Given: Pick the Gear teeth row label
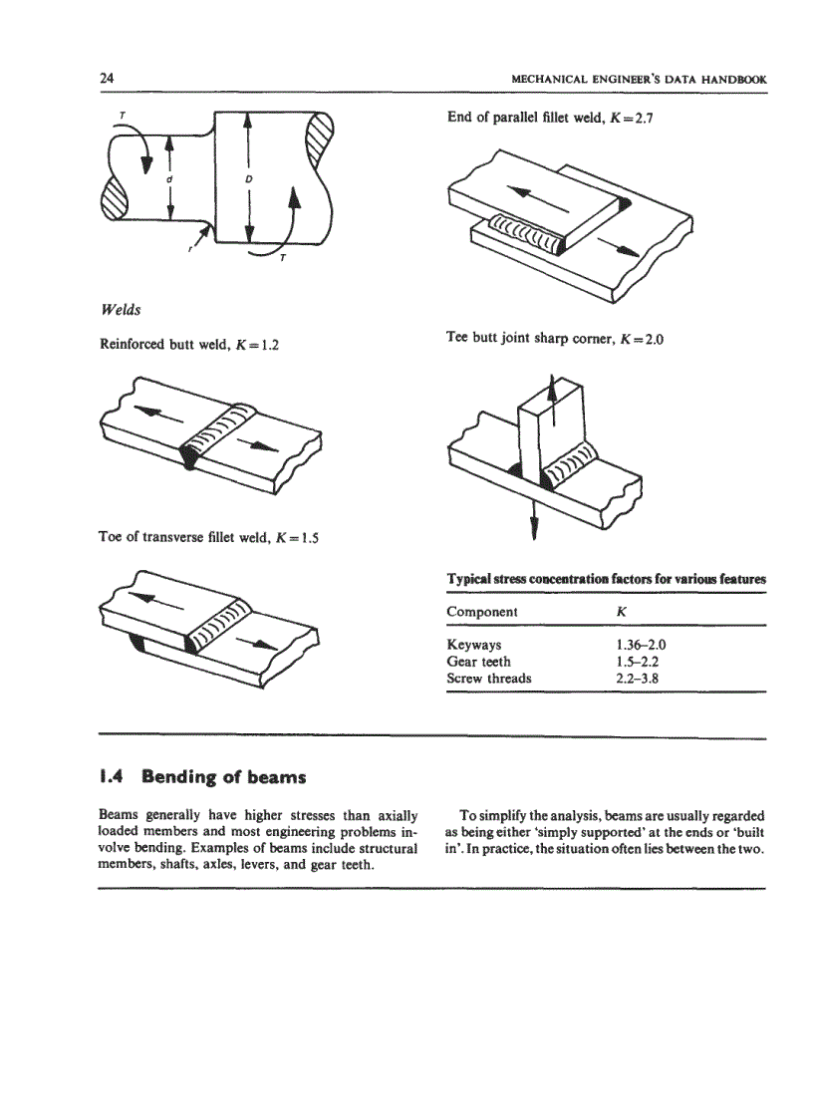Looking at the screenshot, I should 478,662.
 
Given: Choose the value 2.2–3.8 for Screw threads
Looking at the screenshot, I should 637,679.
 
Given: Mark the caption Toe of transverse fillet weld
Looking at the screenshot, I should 214,538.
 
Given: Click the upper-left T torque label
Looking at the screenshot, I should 122,115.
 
